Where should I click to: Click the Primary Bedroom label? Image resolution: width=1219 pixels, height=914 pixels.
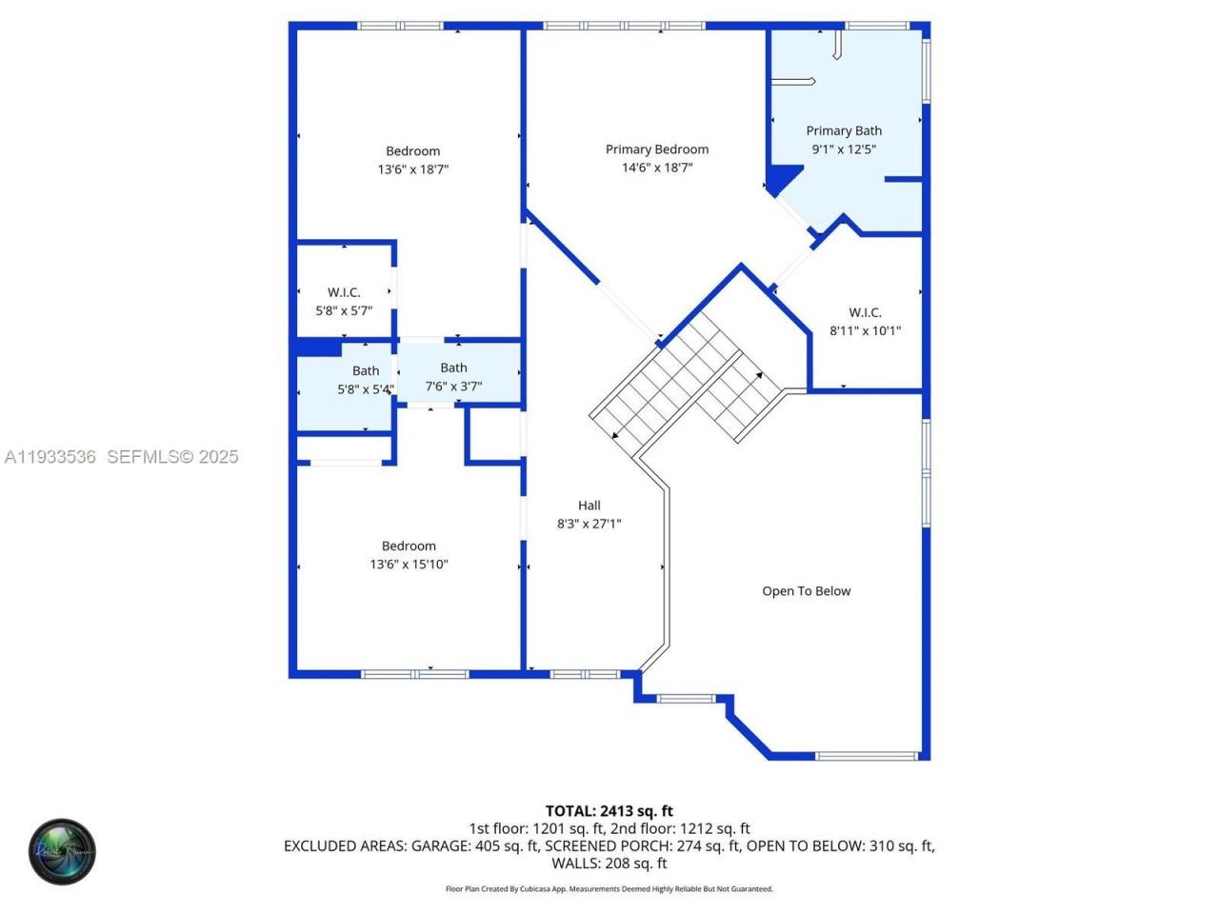coord(657,149)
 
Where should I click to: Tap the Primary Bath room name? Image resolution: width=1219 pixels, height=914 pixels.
coord(844,130)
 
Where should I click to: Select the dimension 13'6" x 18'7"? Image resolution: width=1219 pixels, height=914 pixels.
coord(412,169)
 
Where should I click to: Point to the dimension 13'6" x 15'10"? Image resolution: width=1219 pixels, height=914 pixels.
coord(409,564)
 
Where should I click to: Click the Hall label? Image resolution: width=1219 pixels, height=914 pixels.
coord(589,506)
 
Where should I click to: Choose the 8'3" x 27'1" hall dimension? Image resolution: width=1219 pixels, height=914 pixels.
coord(589,524)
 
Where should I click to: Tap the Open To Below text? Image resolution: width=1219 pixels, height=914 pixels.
coord(806,591)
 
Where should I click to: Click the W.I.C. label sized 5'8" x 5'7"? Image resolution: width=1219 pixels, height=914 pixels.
coord(344,292)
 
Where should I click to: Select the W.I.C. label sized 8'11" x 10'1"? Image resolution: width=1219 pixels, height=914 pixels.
coord(865,312)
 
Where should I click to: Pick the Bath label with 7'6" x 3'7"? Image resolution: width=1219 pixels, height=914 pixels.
coord(453,368)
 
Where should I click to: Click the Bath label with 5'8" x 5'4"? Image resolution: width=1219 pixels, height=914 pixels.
coord(366,371)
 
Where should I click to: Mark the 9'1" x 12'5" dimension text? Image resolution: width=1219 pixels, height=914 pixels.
coord(844,149)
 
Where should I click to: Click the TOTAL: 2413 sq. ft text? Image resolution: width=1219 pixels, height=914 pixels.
coord(609,811)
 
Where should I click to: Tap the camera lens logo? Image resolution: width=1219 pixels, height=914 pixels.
coord(62,851)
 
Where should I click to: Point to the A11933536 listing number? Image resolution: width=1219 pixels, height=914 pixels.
coord(50,457)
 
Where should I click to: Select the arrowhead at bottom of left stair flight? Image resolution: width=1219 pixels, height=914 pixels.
coord(616,436)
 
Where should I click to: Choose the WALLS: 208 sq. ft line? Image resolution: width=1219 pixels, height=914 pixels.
coord(609,864)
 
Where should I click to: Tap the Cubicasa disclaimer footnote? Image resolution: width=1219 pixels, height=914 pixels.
coord(609,889)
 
